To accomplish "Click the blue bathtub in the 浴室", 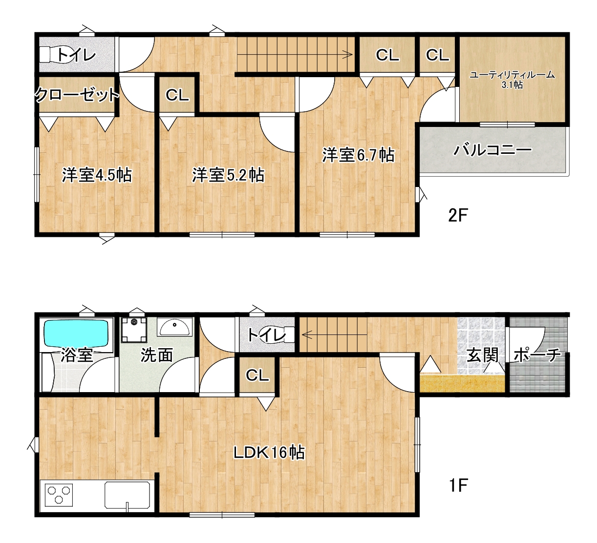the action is click(x=76, y=333).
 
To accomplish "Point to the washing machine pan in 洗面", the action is click(x=134, y=330).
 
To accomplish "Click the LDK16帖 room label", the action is click(x=269, y=453).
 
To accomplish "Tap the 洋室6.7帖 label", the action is click(x=358, y=155).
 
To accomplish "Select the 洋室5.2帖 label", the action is click(x=228, y=175).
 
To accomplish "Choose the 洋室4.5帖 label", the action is click(x=97, y=175).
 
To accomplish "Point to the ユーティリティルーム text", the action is click(x=512, y=75).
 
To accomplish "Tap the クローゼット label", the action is click(x=77, y=95).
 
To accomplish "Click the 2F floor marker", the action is click(x=458, y=215).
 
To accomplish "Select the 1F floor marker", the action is click(x=458, y=485).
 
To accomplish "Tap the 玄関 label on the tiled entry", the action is click(x=482, y=355).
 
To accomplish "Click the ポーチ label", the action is click(x=537, y=355).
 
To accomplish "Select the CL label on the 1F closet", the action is click(x=257, y=376).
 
